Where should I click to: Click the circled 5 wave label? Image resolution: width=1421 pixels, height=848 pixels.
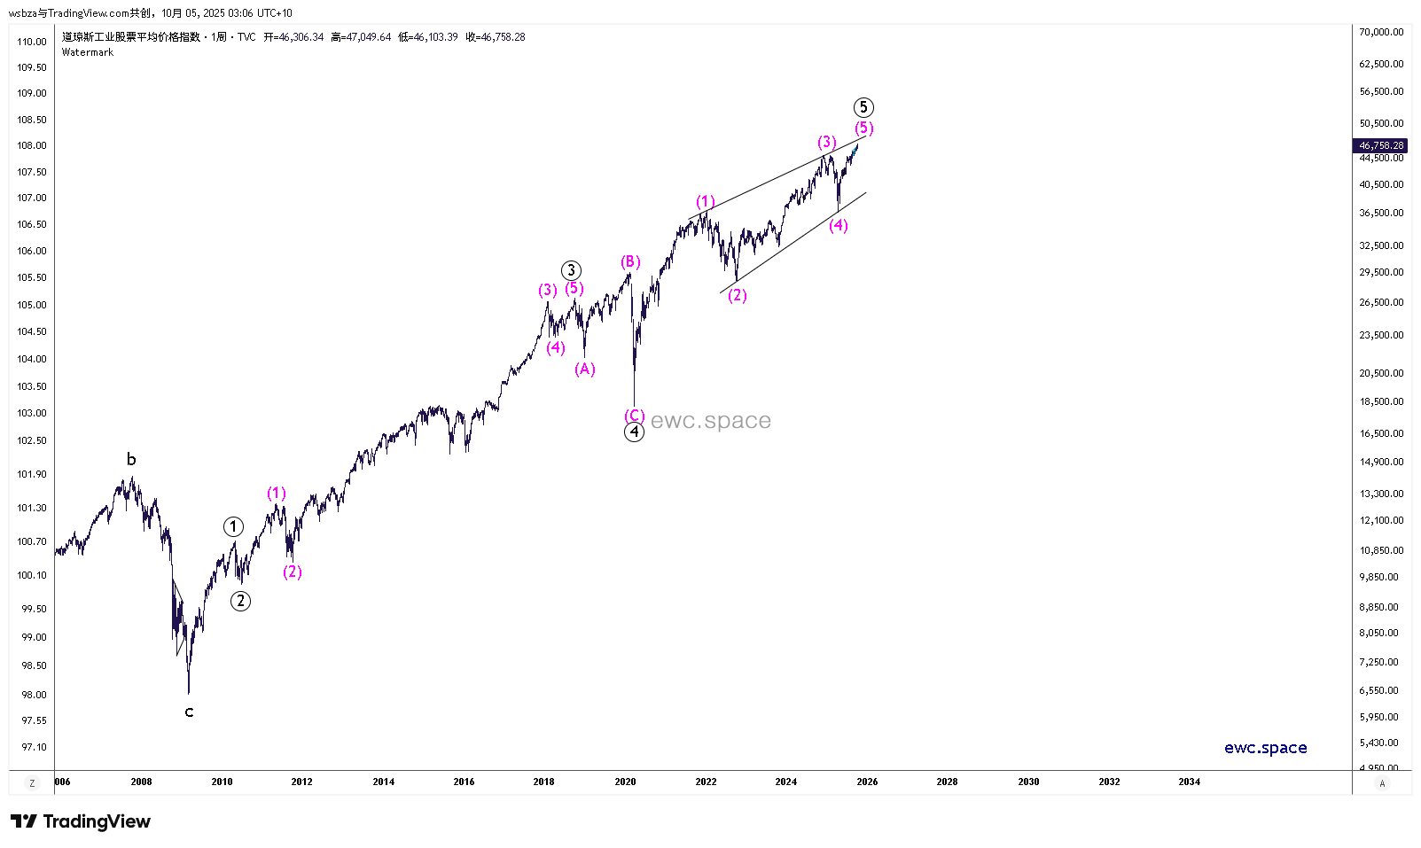(x=863, y=108)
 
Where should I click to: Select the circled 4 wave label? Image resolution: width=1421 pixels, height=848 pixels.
(x=634, y=432)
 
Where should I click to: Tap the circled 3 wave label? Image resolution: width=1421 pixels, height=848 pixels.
(x=572, y=271)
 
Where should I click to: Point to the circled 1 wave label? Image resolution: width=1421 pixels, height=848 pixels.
(x=233, y=527)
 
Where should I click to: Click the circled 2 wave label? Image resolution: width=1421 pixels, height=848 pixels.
(x=240, y=601)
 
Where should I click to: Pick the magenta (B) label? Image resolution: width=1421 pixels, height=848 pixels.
(x=630, y=261)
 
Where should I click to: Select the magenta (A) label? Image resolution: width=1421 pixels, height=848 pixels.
(x=585, y=370)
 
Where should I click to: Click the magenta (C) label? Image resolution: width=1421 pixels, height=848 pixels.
(x=635, y=416)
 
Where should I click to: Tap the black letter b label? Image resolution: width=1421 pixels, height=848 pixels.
(x=131, y=459)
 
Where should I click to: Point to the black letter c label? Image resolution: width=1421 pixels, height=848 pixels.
(x=189, y=712)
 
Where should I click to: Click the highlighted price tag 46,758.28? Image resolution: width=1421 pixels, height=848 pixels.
(x=1381, y=145)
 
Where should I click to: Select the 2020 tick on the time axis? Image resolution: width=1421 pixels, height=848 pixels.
(x=625, y=782)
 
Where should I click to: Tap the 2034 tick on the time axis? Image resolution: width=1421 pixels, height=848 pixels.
(x=1189, y=782)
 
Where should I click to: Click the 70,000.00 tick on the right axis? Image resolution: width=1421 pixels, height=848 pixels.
(x=1381, y=32)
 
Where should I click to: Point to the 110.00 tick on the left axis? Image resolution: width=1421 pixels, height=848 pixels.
(x=32, y=42)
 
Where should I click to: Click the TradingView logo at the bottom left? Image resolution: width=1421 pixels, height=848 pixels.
(x=81, y=821)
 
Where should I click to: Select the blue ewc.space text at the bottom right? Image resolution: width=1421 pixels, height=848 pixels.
(x=1265, y=748)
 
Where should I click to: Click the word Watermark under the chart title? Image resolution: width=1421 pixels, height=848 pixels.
(x=88, y=52)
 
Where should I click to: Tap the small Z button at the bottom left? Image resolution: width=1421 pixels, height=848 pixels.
(x=32, y=782)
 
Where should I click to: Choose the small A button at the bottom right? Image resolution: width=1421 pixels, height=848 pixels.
(x=1382, y=783)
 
